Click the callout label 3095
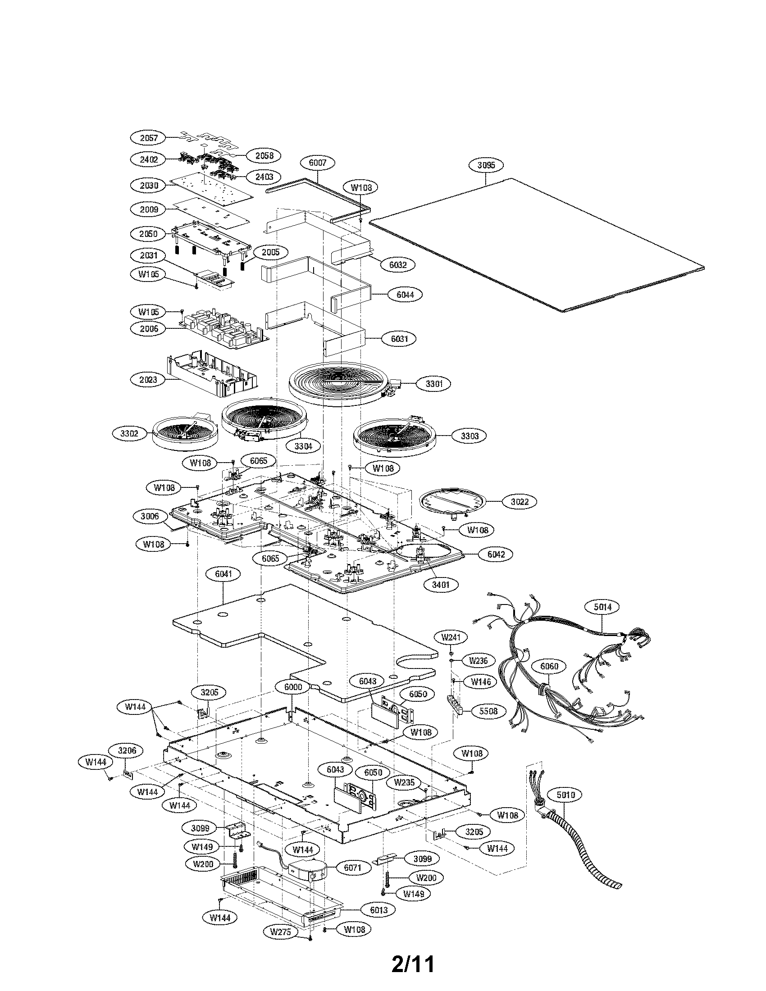(487, 165)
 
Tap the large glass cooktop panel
(535, 245)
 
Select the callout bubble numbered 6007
(318, 163)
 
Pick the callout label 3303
(470, 436)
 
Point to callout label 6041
(224, 573)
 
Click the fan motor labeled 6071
(308, 869)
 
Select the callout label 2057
(149, 137)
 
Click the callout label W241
(451, 637)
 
